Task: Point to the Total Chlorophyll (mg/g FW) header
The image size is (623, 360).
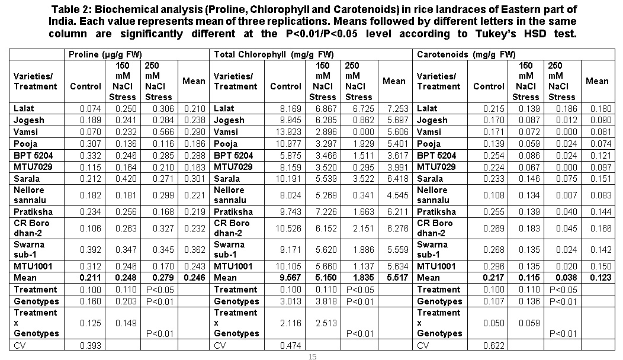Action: (274, 54)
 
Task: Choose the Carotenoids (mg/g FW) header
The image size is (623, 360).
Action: (466, 54)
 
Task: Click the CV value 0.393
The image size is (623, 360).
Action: (90, 345)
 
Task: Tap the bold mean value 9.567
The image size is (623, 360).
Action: (290, 278)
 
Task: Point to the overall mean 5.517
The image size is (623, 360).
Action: (395, 278)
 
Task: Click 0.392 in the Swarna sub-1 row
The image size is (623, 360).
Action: (90, 250)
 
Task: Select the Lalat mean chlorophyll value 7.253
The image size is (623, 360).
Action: (395, 109)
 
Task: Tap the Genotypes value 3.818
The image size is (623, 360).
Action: (324, 301)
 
